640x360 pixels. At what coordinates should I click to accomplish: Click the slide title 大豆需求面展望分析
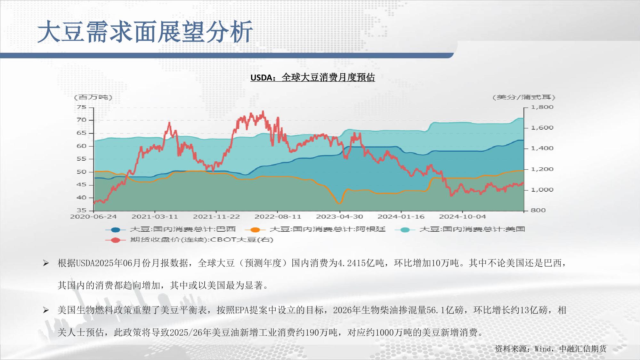[x=145, y=32]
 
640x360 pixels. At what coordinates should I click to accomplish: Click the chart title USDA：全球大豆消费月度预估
[x=312, y=77]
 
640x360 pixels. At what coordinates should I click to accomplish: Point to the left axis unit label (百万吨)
[x=93, y=97]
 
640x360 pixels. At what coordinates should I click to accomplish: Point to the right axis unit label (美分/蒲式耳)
[x=524, y=97]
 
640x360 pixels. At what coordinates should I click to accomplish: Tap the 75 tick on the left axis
[x=82, y=107]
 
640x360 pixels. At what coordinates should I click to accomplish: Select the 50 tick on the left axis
[x=82, y=172]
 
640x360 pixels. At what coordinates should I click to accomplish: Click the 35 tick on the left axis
[x=82, y=210]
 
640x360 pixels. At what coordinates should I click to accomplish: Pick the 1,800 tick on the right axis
[x=542, y=107]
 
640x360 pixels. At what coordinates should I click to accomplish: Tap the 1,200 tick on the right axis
[x=542, y=169]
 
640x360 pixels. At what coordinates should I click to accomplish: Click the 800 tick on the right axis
[x=538, y=210]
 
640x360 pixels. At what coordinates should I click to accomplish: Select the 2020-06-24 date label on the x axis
[x=93, y=217]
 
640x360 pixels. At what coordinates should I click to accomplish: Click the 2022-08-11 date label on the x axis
[x=278, y=217]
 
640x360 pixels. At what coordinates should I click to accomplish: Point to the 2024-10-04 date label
[x=462, y=217]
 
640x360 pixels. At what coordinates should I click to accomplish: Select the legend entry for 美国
[x=460, y=229]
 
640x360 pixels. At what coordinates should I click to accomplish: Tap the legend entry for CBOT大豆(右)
[x=189, y=240]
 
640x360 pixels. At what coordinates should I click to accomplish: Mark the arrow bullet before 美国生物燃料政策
[x=46, y=310]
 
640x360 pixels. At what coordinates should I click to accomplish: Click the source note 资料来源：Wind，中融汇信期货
[x=550, y=349]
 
